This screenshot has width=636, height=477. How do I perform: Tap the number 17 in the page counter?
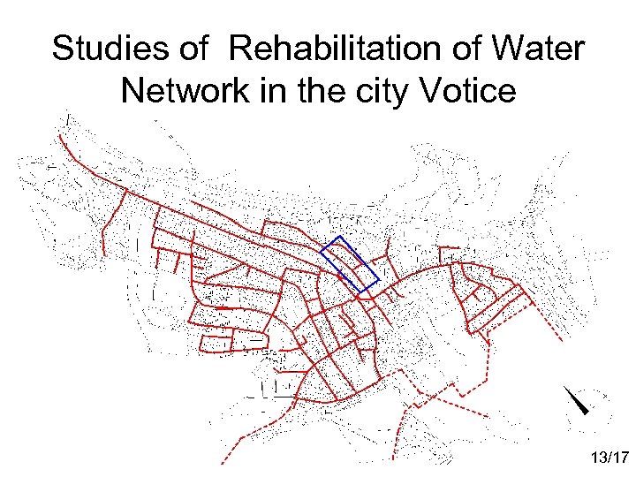point(619,458)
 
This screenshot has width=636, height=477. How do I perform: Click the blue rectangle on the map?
point(351,264)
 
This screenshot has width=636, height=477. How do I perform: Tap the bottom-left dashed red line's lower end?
point(222,463)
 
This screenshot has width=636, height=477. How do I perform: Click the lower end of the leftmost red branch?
point(104,254)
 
